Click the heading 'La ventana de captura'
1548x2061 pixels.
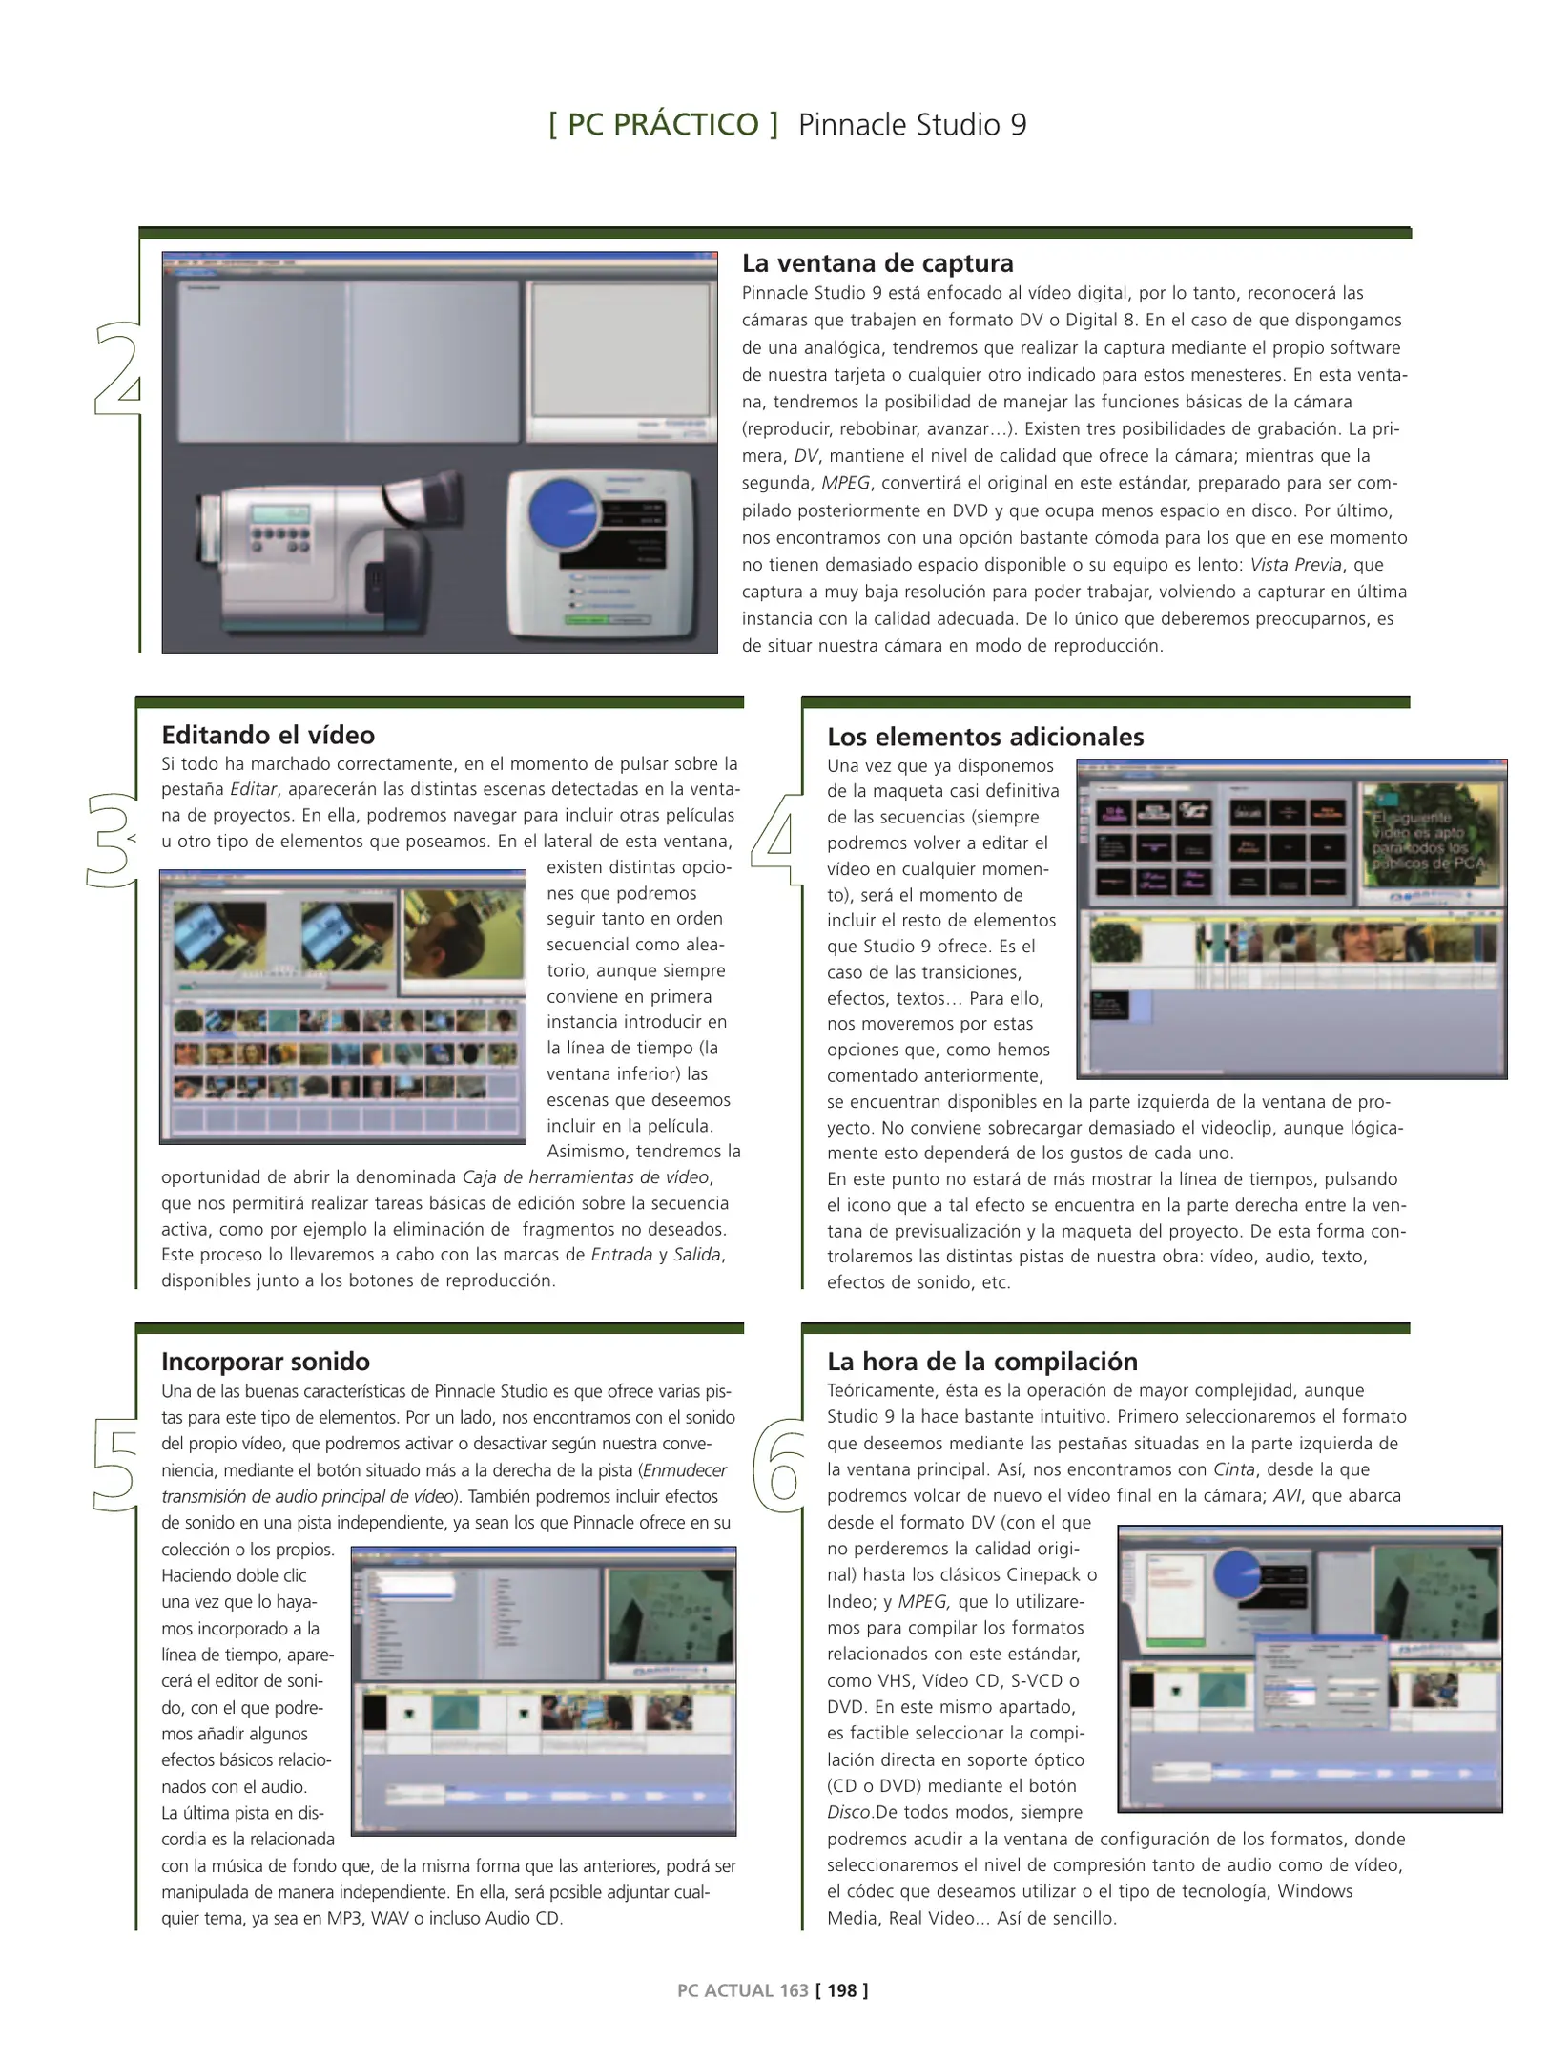tap(877, 263)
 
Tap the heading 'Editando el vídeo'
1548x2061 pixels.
tap(268, 735)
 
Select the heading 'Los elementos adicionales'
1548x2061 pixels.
tap(985, 737)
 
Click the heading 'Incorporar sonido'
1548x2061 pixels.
tap(265, 1361)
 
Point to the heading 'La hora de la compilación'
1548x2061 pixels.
tap(982, 1361)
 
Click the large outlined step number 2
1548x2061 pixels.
tap(117, 370)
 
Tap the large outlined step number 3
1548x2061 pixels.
tap(112, 841)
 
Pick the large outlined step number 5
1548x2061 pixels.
tap(115, 1466)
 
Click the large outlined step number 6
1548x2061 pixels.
tap(780, 1466)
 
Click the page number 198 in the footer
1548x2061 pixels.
tap(841, 1990)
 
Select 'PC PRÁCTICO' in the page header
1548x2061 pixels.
tap(663, 125)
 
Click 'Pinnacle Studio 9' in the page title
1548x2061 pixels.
tap(912, 125)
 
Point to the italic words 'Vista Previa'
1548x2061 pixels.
tap(1295, 565)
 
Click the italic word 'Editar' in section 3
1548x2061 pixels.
tap(254, 789)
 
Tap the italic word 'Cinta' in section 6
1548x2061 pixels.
tap(1233, 1469)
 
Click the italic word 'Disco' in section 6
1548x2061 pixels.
tap(850, 1812)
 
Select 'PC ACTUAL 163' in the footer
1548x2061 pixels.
tap(742, 1990)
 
